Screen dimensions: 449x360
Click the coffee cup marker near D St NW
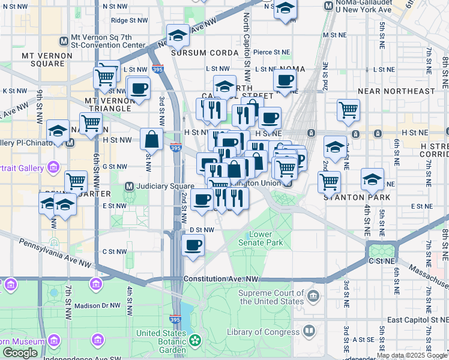click(193, 245)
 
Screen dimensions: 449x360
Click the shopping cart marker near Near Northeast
click(348, 110)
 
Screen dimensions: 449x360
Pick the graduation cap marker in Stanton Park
click(372, 179)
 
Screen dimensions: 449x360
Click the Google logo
click(20, 353)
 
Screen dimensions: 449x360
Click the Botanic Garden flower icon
click(194, 341)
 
